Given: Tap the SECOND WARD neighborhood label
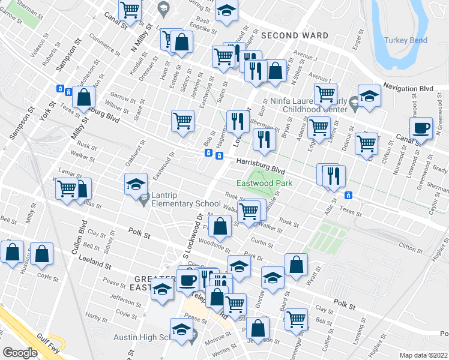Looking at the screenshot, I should coord(294,36).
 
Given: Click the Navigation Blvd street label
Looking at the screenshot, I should coord(408,88).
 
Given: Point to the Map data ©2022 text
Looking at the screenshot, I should coord(424,355).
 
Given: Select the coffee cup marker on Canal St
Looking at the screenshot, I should coord(421,128).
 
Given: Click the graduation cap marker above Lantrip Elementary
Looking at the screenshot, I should coord(136,184).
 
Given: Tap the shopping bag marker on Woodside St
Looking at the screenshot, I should coord(221,227).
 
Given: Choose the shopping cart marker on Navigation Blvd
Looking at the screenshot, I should coord(325,94).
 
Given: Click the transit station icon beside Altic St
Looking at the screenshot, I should coord(348,196).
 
